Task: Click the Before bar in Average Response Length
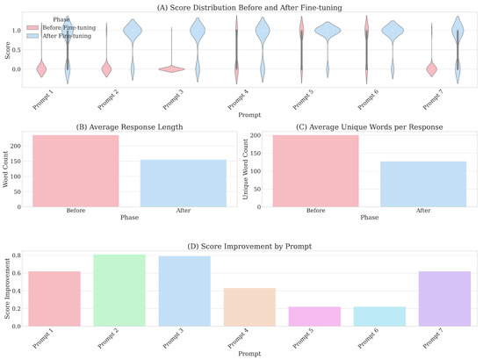click(x=76, y=171)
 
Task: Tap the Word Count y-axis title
click(x=8, y=170)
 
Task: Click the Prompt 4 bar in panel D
click(x=251, y=306)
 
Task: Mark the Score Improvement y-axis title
click(x=8, y=288)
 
